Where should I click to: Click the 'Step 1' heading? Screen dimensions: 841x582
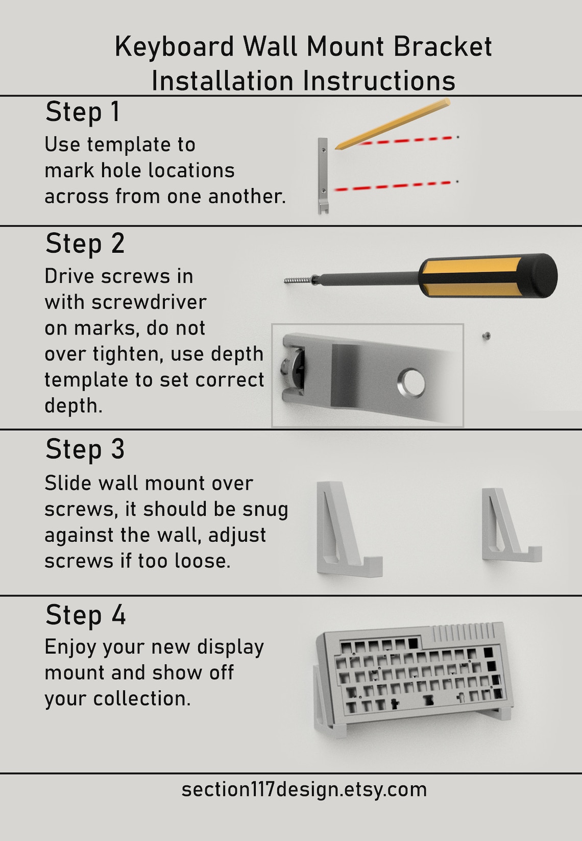(x=83, y=112)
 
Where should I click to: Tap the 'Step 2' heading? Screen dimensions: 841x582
(x=85, y=244)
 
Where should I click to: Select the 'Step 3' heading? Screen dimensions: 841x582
(x=85, y=450)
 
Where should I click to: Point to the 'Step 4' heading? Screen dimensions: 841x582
(x=85, y=615)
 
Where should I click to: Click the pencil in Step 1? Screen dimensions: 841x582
(x=393, y=125)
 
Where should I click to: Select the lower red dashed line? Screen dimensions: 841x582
(x=393, y=186)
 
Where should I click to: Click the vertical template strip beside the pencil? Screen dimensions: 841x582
(x=323, y=174)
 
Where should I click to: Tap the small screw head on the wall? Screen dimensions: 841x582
(x=487, y=335)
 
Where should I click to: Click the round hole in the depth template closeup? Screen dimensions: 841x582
(x=411, y=382)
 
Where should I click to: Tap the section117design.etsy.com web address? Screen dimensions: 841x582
(x=304, y=789)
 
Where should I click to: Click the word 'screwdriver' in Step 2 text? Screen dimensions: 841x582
(x=149, y=302)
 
